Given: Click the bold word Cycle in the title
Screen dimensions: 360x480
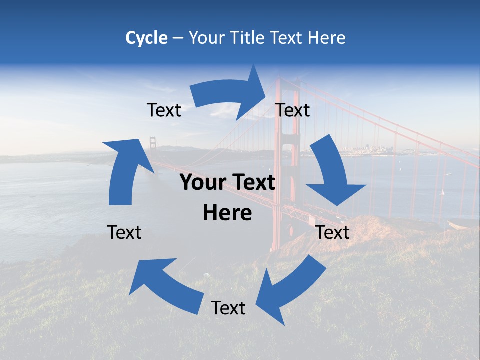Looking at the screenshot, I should point(146,38).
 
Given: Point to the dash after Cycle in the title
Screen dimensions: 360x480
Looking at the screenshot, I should point(177,38).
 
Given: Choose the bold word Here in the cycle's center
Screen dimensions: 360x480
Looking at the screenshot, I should point(227,213).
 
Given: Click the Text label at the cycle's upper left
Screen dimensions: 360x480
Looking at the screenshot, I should point(164,110).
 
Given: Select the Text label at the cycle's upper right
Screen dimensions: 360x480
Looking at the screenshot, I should point(293,110).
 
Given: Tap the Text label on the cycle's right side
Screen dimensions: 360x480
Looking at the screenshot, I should point(333,232).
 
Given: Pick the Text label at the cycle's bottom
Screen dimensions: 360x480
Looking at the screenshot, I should point(228,308).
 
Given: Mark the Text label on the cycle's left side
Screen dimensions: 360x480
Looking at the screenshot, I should point(124,232).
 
